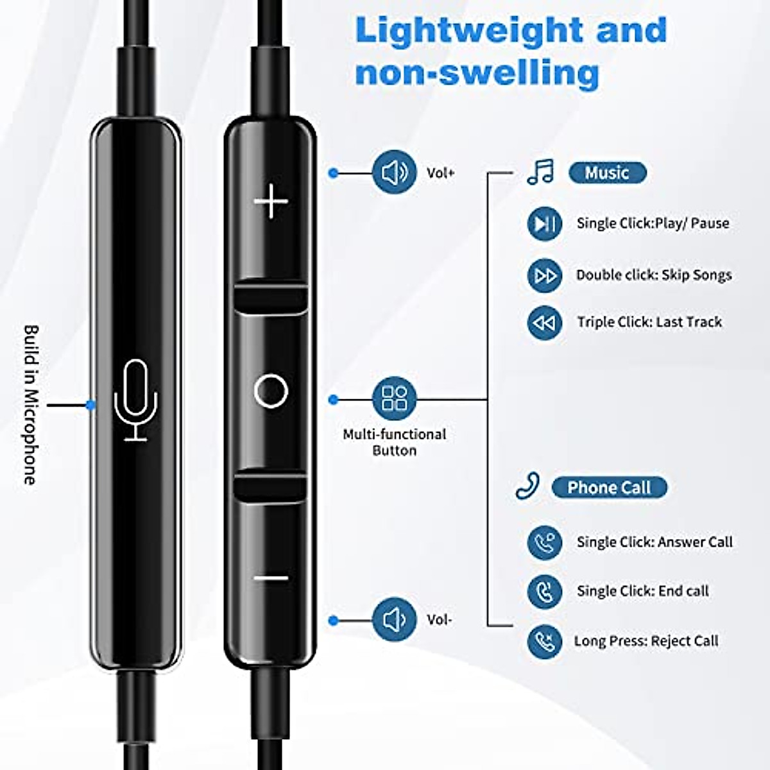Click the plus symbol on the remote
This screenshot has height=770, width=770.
271,201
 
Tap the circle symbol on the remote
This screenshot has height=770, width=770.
271,391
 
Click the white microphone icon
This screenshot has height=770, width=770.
136,400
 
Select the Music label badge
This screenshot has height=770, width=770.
607,173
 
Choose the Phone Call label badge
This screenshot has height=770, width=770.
609,488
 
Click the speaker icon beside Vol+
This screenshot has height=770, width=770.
394,172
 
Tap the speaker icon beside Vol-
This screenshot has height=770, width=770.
394,620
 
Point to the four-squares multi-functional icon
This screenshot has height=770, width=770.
394,398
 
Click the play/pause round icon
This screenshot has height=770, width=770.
545,223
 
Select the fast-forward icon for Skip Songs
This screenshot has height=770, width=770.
545,276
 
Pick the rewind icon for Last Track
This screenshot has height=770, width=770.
545,323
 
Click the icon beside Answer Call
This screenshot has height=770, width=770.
545,542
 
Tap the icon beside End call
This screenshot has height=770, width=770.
545,591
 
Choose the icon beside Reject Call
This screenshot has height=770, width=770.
545,641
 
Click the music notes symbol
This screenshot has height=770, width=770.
540,172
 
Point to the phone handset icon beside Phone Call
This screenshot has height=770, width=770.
527,486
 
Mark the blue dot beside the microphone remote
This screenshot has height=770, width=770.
91,405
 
